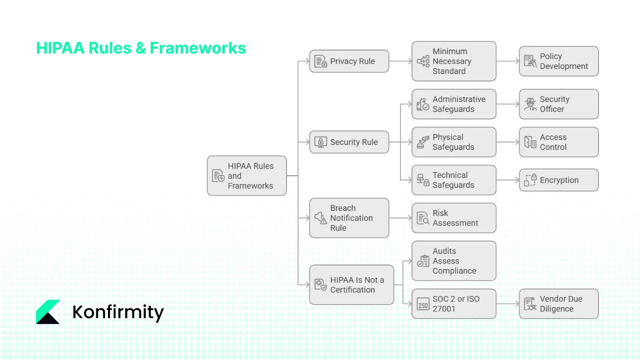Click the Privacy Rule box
coord(348,61)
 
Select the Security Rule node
coord(348,142)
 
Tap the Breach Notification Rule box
coord(348,218)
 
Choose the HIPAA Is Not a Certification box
coord(351,285)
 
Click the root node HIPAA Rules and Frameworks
coord(246,175)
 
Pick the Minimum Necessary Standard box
coord(453,61)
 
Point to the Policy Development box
coord(558,61)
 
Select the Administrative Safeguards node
coord(453,104)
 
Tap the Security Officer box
coord(558,104)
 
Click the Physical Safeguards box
coord(453,142)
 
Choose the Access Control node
coord(558,142)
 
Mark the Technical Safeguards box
coord(453,180)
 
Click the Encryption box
coord(558,180)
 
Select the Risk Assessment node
coord(453,218)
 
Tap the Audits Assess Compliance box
coord(453,261)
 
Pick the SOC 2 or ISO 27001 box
coord(453,303)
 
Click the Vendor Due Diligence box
coord(558,303)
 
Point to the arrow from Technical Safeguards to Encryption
coord(507,180)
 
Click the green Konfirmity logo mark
coord(48,312)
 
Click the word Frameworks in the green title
coord(197,48)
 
